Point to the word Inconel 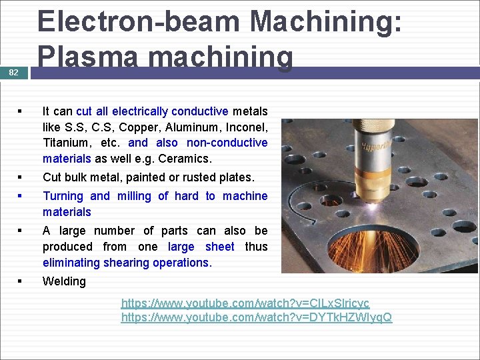[x=243, y=127]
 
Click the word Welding [x=64, y=281]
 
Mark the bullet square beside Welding [x=22, y=281]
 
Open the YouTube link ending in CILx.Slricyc [x=245, y=303]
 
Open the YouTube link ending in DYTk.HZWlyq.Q [x=256, y=317]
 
